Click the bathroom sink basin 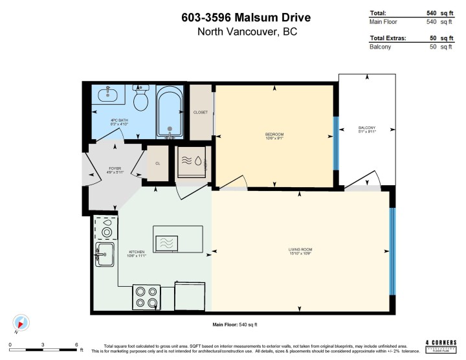108,95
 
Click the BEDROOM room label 274,134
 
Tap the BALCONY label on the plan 366,128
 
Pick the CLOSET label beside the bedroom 201,112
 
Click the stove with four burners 146,297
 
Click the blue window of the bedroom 335,142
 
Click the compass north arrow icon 21,322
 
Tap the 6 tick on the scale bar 76,345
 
